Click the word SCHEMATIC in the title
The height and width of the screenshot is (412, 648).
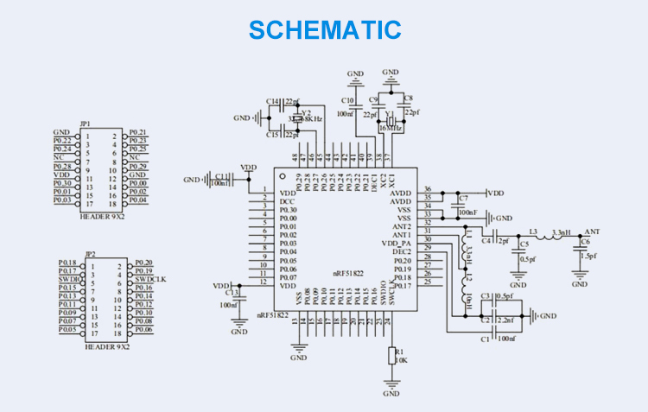point(324,29)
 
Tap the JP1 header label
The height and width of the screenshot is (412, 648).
point(85,124)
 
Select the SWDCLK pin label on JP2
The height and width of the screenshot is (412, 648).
point(149,279)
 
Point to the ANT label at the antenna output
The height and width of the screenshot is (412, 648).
point(592,232)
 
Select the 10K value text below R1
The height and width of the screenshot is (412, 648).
point(400,359)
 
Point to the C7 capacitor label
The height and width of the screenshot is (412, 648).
point(464,198)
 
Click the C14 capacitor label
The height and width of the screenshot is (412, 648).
point(273,102)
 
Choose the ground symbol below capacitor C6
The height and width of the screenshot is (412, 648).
point(581,276)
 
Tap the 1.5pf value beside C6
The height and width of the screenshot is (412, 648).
point(589,256)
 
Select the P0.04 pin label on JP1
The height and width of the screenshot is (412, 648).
point(138,200)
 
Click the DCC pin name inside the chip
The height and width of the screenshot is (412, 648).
point(286,201)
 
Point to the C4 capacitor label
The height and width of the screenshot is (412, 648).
point(486,241)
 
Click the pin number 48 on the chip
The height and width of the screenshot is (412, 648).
point(295,157)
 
